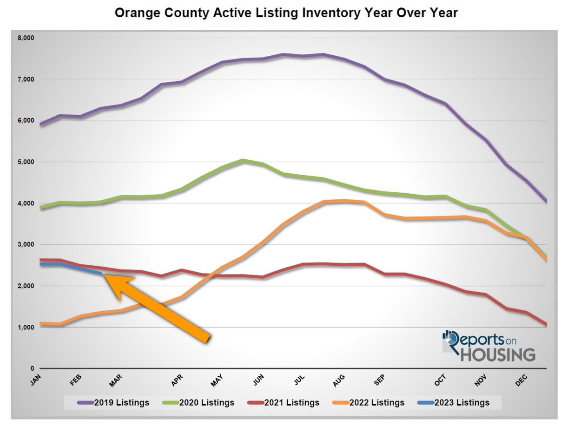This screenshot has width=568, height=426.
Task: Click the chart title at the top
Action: click(286, 13)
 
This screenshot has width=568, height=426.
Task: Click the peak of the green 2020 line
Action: click(243, 160)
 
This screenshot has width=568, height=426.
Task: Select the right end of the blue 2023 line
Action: click(101, 273)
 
